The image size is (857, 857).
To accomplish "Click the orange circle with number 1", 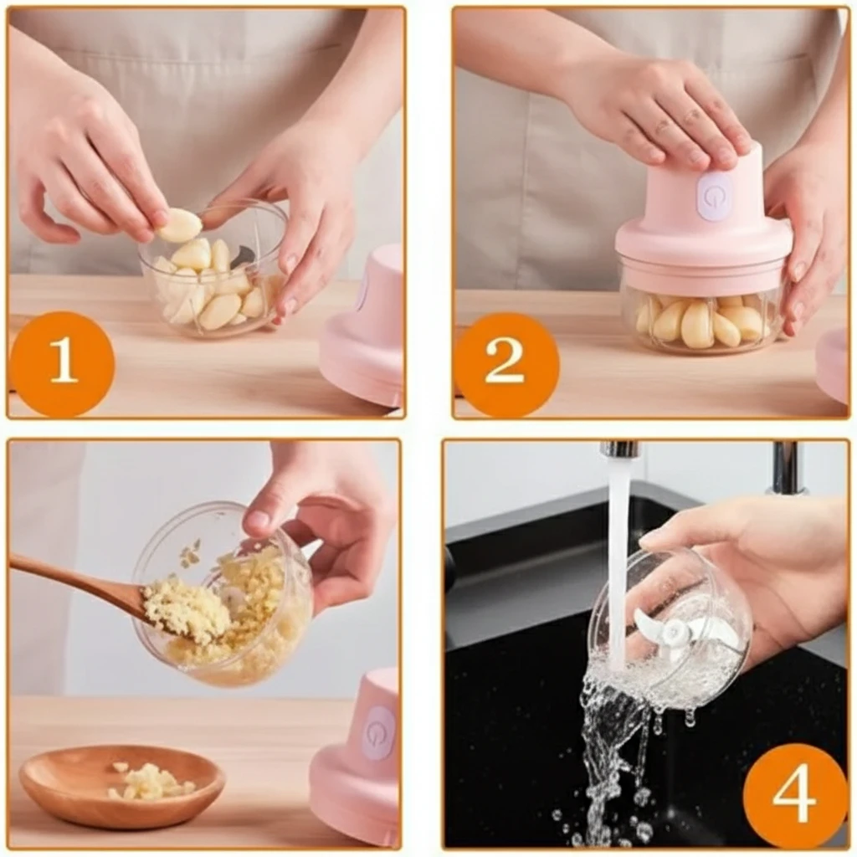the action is (x=62, y=364).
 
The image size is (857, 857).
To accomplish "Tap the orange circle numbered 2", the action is (x=506, y=364).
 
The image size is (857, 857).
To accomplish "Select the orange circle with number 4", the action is (x=795, y=793).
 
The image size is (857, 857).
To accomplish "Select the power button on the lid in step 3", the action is (x=380, y=731).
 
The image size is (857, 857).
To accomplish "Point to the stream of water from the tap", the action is (x=618, y=557).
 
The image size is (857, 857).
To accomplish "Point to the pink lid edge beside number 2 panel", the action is (x=833, y=367).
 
